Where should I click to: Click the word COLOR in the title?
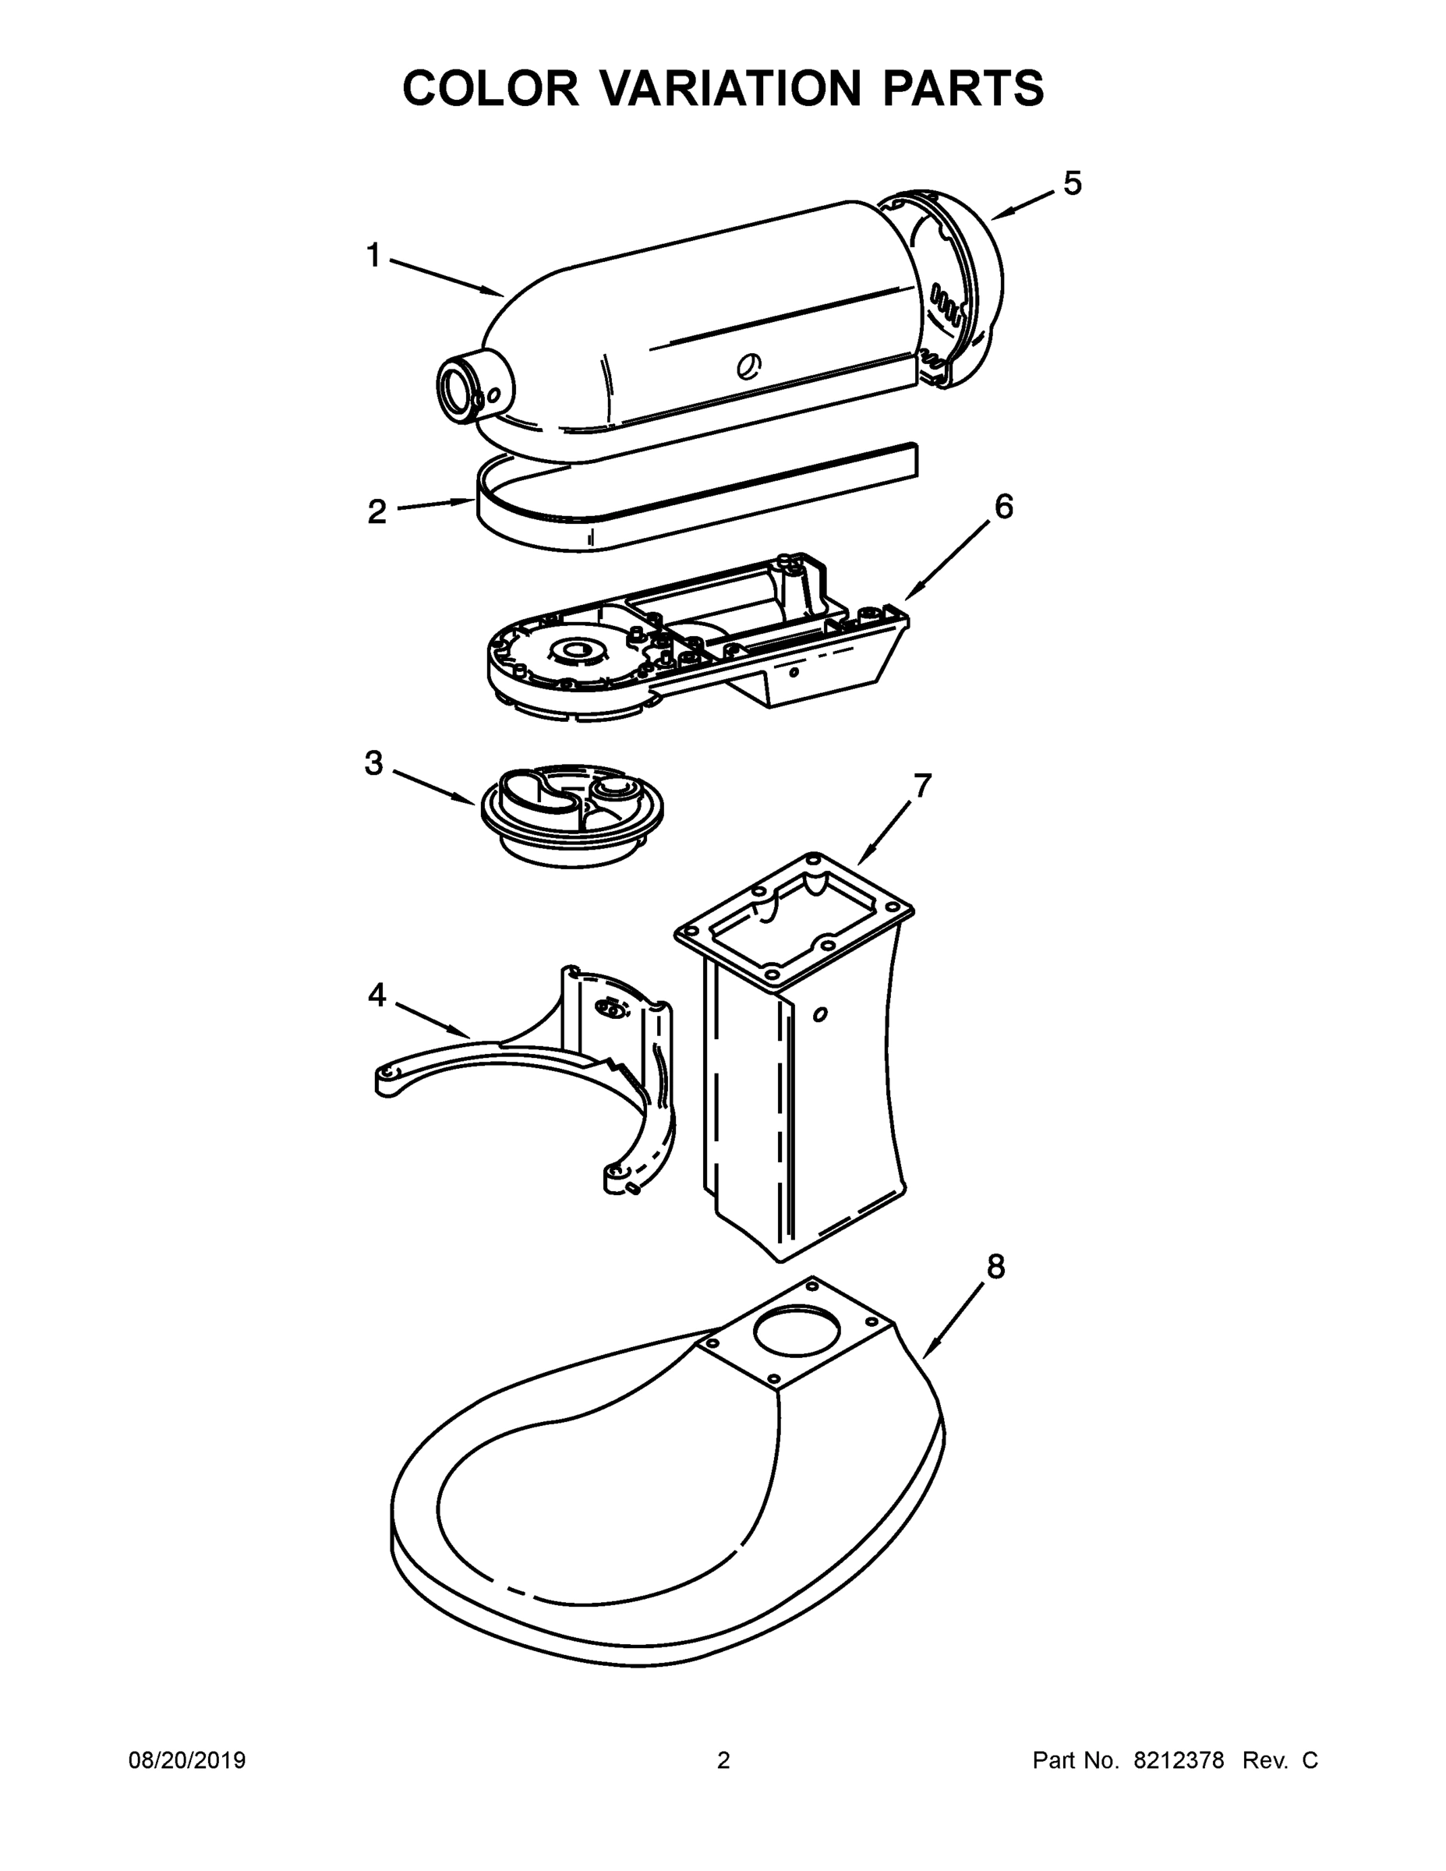point(491,88)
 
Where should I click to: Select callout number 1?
point(373,254)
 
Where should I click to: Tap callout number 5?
point(1073,182)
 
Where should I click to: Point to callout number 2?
point(377,512)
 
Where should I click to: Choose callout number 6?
point(1003,508)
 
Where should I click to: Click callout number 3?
point(373,762)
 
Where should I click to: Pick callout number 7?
point(921,785)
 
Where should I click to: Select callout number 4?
point(377,995)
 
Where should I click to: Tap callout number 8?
point(995,1266)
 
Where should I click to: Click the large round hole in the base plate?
point(797,1332)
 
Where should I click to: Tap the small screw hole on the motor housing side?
point(748,366)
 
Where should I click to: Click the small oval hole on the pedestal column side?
point(820,1014)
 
